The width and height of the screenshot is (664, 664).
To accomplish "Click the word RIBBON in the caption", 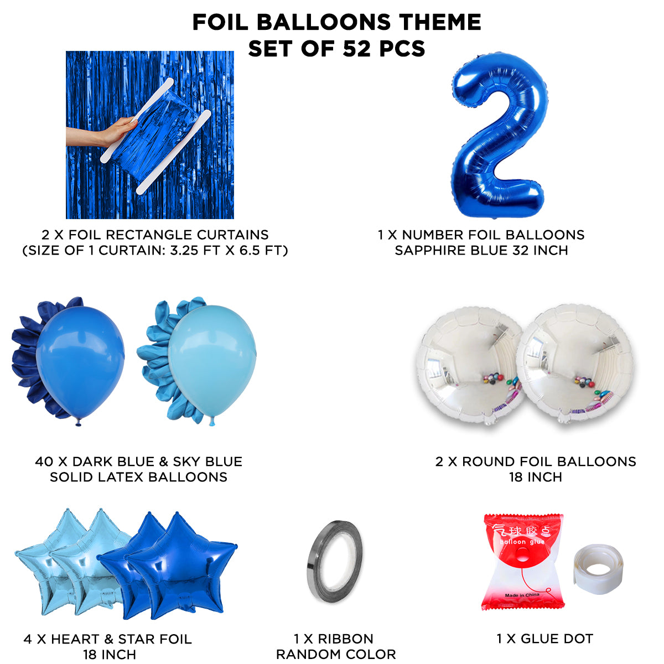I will (346, 639).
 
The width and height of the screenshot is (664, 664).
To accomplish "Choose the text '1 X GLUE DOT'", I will (544, 639).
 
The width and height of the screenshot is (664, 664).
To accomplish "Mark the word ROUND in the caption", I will (485, 461).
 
